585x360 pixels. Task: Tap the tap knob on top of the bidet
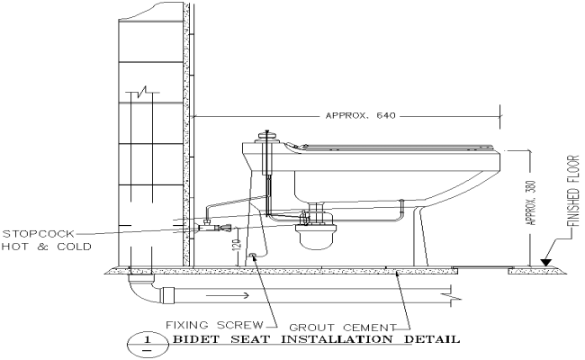(x=265, y=138)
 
